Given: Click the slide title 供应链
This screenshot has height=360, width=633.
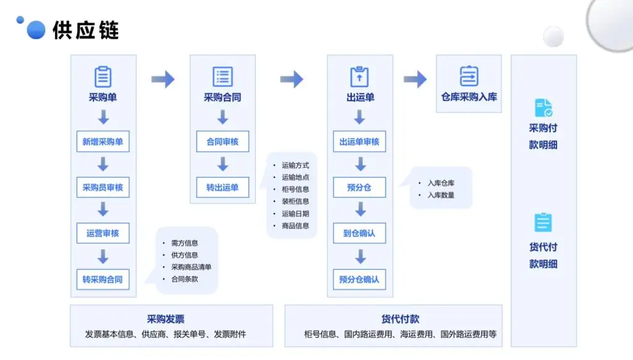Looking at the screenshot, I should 85,30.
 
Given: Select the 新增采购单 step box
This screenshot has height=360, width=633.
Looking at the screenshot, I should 103,142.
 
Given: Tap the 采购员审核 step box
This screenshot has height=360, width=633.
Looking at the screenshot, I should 103,187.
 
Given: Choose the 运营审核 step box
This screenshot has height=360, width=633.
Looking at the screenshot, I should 103,233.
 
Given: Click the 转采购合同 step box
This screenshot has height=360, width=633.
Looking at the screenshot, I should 103,279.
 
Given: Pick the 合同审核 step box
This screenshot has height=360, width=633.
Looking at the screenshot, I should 223,142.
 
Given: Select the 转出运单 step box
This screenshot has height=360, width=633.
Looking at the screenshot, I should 223,187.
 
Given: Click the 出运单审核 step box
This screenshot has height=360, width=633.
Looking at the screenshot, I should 360,142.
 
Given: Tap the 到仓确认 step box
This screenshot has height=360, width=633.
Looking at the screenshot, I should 360,233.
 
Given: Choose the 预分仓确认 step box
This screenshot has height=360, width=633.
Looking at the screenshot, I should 360,279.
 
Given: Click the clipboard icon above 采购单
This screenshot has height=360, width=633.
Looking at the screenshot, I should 103,77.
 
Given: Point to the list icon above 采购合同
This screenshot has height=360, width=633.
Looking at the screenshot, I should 223,77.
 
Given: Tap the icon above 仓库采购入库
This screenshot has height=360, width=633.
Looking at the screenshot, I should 469,76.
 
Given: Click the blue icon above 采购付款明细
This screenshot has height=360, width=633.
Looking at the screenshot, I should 543,108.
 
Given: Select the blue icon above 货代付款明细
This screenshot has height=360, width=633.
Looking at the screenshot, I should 543,222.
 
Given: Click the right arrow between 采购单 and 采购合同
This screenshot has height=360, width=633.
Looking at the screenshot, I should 163,79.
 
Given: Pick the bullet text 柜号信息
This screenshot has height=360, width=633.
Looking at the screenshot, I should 295,189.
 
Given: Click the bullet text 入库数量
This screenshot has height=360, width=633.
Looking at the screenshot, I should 441,195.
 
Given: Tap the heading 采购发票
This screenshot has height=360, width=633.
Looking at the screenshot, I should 166,319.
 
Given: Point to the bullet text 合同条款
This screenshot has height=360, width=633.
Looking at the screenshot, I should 185,279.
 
